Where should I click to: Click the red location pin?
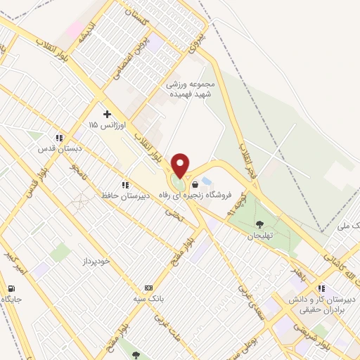[180, 165]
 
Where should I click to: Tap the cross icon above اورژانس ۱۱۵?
[107, 113]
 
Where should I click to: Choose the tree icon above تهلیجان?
[260, 225]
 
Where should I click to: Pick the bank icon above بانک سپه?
[148, 288]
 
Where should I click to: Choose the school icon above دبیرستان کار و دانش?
[321, 288]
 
